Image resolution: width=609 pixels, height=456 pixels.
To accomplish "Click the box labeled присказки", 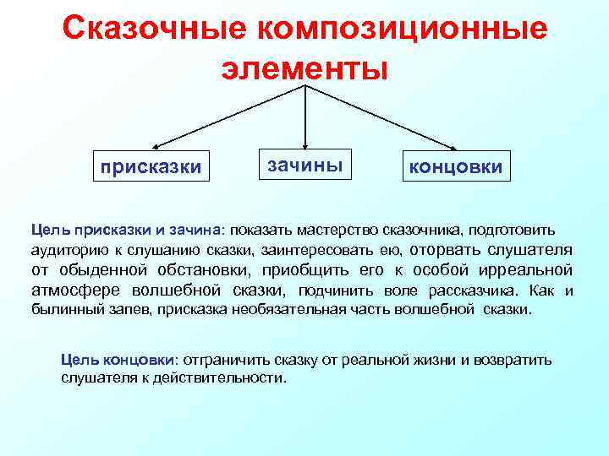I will [x=151, y=167].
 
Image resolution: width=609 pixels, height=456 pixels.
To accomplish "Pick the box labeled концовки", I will [x=456, y=167].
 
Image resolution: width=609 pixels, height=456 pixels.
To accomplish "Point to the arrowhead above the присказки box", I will [x=156, y=145].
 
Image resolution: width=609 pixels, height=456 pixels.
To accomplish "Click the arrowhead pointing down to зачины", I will [x=304, y=141].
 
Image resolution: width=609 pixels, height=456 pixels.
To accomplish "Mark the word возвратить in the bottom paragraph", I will [x=515, y=360].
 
